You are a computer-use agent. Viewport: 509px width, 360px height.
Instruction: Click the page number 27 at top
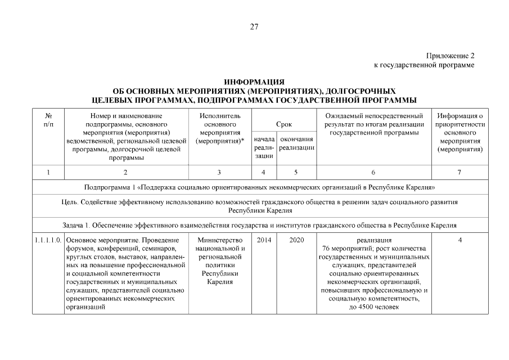point(254,26)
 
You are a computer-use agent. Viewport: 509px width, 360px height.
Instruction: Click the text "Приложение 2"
point(451,56)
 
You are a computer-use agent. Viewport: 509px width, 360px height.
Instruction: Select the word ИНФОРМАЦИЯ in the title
point(254,82)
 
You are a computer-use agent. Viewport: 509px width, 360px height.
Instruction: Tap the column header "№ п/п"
point(48,119)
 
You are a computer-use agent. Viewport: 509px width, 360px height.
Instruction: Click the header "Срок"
point(283,123)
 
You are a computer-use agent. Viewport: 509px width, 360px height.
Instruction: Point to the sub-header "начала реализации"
point(263,147)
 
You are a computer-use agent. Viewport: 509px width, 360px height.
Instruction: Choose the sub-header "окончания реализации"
point(296,143)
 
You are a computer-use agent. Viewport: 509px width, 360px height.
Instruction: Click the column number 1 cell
point(48,172)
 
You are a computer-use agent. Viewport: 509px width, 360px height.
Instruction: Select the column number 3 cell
point(219,172)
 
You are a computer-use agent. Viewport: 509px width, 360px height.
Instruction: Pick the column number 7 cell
point(460,172)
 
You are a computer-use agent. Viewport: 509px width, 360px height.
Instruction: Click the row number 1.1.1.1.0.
point(48,241)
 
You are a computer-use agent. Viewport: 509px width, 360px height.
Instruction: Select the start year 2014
point(263,241)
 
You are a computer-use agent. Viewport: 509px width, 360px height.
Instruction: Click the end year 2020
point(296,241)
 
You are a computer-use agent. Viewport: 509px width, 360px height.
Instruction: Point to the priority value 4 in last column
point(460,241)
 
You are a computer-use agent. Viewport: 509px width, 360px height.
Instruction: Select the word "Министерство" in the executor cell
point(219,241)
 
